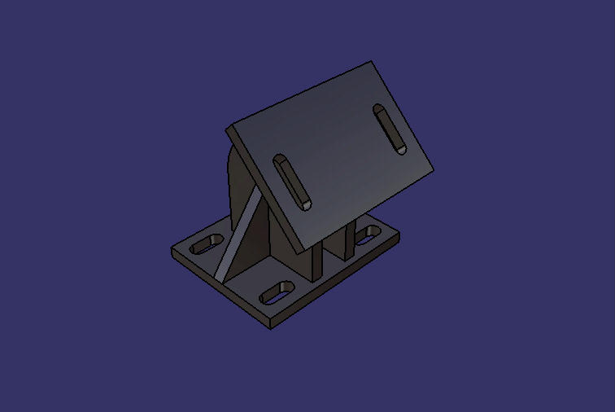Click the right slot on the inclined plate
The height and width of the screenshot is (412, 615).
[390, 129]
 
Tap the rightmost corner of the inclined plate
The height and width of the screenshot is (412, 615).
[434, 169]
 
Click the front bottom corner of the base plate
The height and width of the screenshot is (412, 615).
[270, 328]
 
